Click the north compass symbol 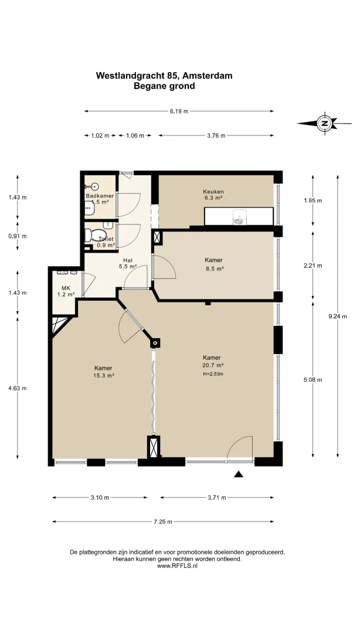tap(324, 123)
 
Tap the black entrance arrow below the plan tap(239, 474)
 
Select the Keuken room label tap(213, 192)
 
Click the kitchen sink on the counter tap(239, 217)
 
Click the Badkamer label tap(100, 196)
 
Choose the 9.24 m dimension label tap(338, 316)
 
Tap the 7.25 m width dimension tap(163, 521)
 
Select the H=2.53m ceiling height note tap(213, 373)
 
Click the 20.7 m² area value tap(213, 365)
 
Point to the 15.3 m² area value tap(103, 376)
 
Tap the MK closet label tap(66, 288)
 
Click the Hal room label tap(128, 260)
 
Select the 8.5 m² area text tap(215, 268)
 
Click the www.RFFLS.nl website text tap(177, 566)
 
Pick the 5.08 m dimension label tap(313, 380)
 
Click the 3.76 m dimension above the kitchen tap(216, 135)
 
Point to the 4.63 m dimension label tap(18, 388)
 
